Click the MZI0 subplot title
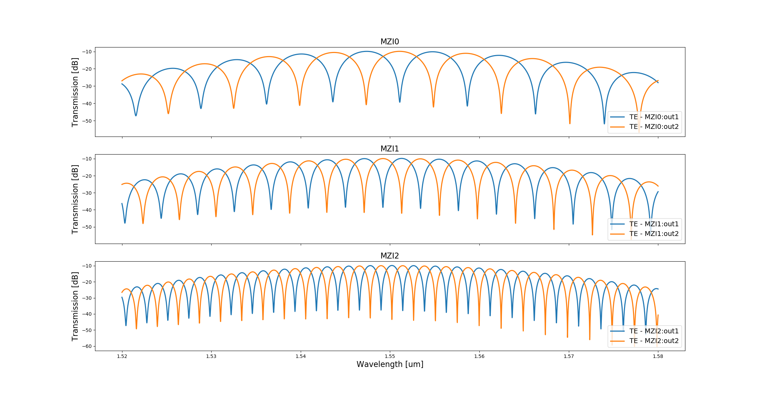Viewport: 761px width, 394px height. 390,42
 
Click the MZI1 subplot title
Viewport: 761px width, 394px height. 390,149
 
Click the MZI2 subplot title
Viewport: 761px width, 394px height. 390,256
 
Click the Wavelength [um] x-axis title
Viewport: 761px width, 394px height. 390,365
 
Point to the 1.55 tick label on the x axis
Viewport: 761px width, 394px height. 390,356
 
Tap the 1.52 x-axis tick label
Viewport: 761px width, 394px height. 122,356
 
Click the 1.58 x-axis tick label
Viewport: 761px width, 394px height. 658,356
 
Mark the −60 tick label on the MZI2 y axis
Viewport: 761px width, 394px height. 87,346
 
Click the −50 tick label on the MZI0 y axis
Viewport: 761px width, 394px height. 87,121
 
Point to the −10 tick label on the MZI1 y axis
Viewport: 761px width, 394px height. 87,159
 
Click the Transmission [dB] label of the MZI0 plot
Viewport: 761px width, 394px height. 75,92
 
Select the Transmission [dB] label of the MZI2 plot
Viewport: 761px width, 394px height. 75,306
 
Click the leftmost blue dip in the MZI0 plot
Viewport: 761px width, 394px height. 136,115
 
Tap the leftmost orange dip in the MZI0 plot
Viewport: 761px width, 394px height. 168,113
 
